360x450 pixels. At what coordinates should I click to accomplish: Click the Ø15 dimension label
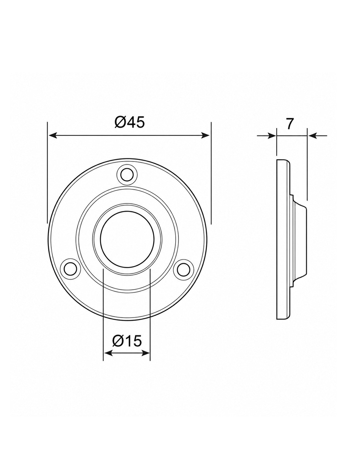tap(127, 341)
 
